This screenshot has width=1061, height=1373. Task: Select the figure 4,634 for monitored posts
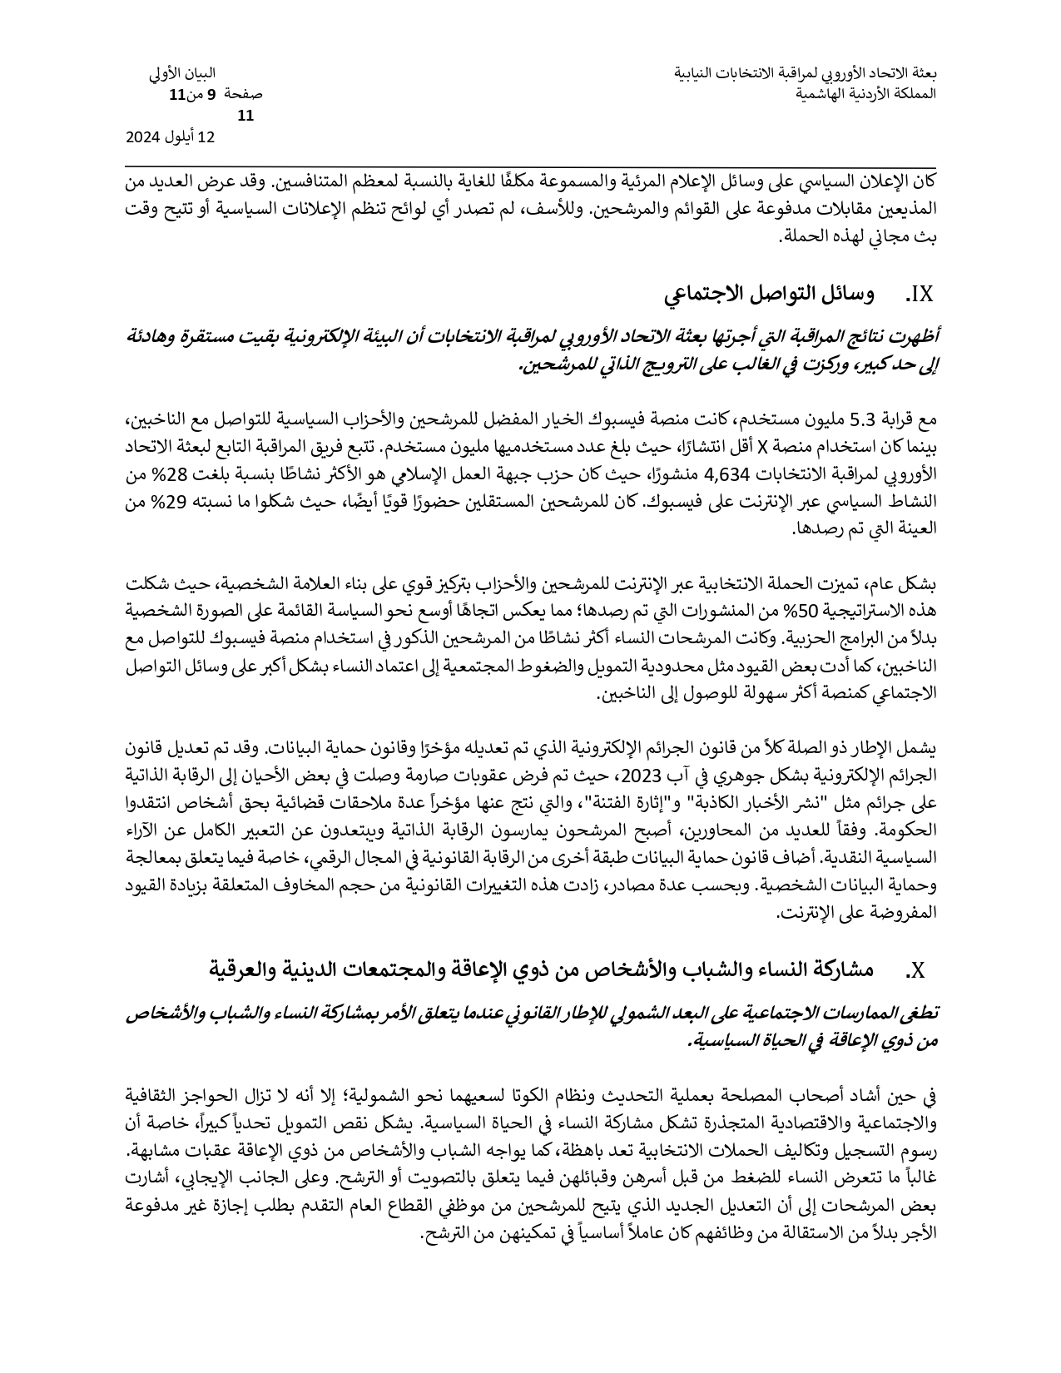click(x=727, y=476)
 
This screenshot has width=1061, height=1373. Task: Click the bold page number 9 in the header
click(x=211, y=95)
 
